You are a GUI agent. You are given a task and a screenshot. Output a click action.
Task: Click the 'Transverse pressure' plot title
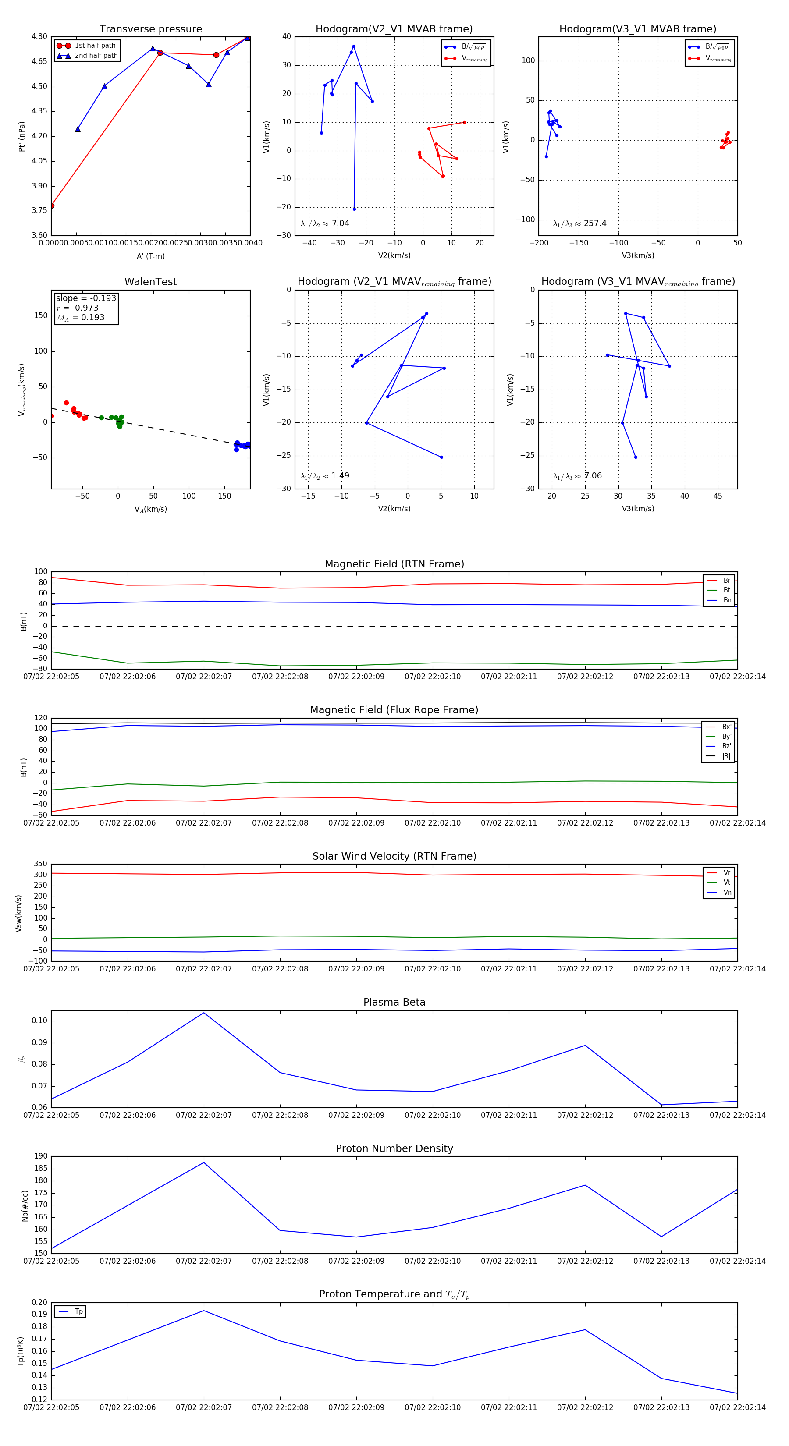click(150, 29)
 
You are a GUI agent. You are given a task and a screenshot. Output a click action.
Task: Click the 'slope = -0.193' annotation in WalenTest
click(86, 298)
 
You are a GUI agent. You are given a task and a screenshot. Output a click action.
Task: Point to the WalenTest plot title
click(150, 282)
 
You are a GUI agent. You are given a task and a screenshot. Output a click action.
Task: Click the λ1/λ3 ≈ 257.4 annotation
click(579, 223)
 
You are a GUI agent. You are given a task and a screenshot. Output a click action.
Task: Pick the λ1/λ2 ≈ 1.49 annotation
click(324, 476)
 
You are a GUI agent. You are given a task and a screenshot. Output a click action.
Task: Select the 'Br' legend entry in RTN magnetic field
click(726, 581)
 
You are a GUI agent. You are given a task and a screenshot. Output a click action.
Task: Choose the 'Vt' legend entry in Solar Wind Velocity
click(727, 882)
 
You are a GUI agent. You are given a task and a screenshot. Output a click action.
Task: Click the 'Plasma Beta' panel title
click(394, 1002)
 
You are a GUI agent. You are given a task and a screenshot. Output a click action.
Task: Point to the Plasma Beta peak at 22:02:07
click(204, 1013)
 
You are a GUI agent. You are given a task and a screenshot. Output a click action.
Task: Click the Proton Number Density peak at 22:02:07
click(204, 1162)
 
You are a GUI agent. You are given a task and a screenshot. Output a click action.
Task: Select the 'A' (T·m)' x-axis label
click(150, 256)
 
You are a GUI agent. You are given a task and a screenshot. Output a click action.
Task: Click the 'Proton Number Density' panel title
click(394, 1148)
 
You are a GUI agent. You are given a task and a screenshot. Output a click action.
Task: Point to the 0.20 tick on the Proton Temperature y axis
click(39, 1302)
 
